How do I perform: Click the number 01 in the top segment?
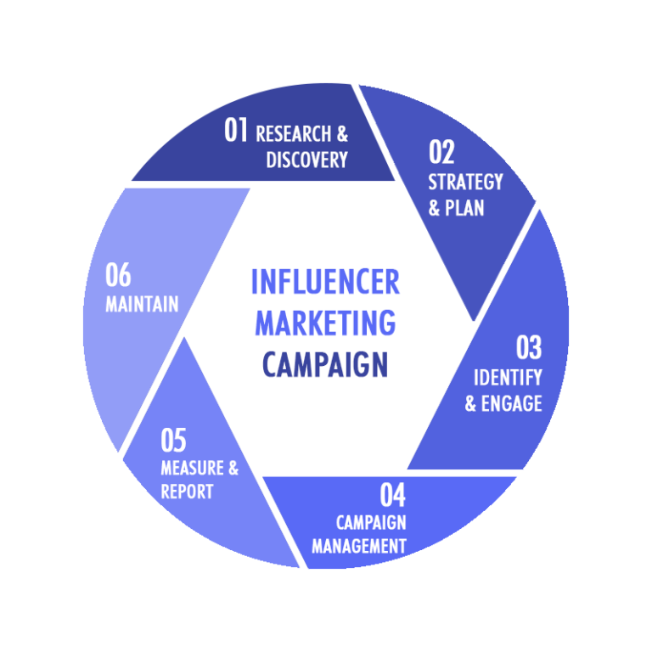pyautogui.click(x=236, y=130)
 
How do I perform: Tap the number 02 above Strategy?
pyautogui.click(x=441, y=152)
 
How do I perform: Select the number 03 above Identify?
pyautogui.click(x=529, y=347)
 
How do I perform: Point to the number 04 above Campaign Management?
pyautogui.click(x=393, y=494)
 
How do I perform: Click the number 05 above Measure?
pyautogui.click(x=173, y=440)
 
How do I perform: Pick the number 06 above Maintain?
pyautogui.click(x=118, y=274)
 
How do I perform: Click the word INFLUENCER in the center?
pyautogui.click(x=326, y=282)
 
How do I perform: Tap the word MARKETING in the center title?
pyautogui.click(x=326, y=323)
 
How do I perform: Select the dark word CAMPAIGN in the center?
pyautogui.click(x=326, y=364)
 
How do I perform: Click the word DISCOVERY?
pyautogui.click(x=306, y=160)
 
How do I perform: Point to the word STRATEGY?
pyautogui.click(x=466, y=183)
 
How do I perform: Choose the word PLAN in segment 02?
pyautogui.click(x=464, y=208)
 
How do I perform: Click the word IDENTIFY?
pyautogui.click(x=508, y=378)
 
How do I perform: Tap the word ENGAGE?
pyautogui.click(x=511, y=403)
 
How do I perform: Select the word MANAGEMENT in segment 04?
pyautogui.click(x=359, y=546)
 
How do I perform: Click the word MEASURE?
pyautogui.click(x=192, y=468)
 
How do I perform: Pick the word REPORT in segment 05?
pyautogui.click(x=187, y=492)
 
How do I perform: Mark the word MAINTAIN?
pyautogui.click(x=142, y=304)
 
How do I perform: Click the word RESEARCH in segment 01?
pyautogui.click(x=294, y=134)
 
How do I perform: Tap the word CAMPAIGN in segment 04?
pyautogui.click(x=371, y=523)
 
